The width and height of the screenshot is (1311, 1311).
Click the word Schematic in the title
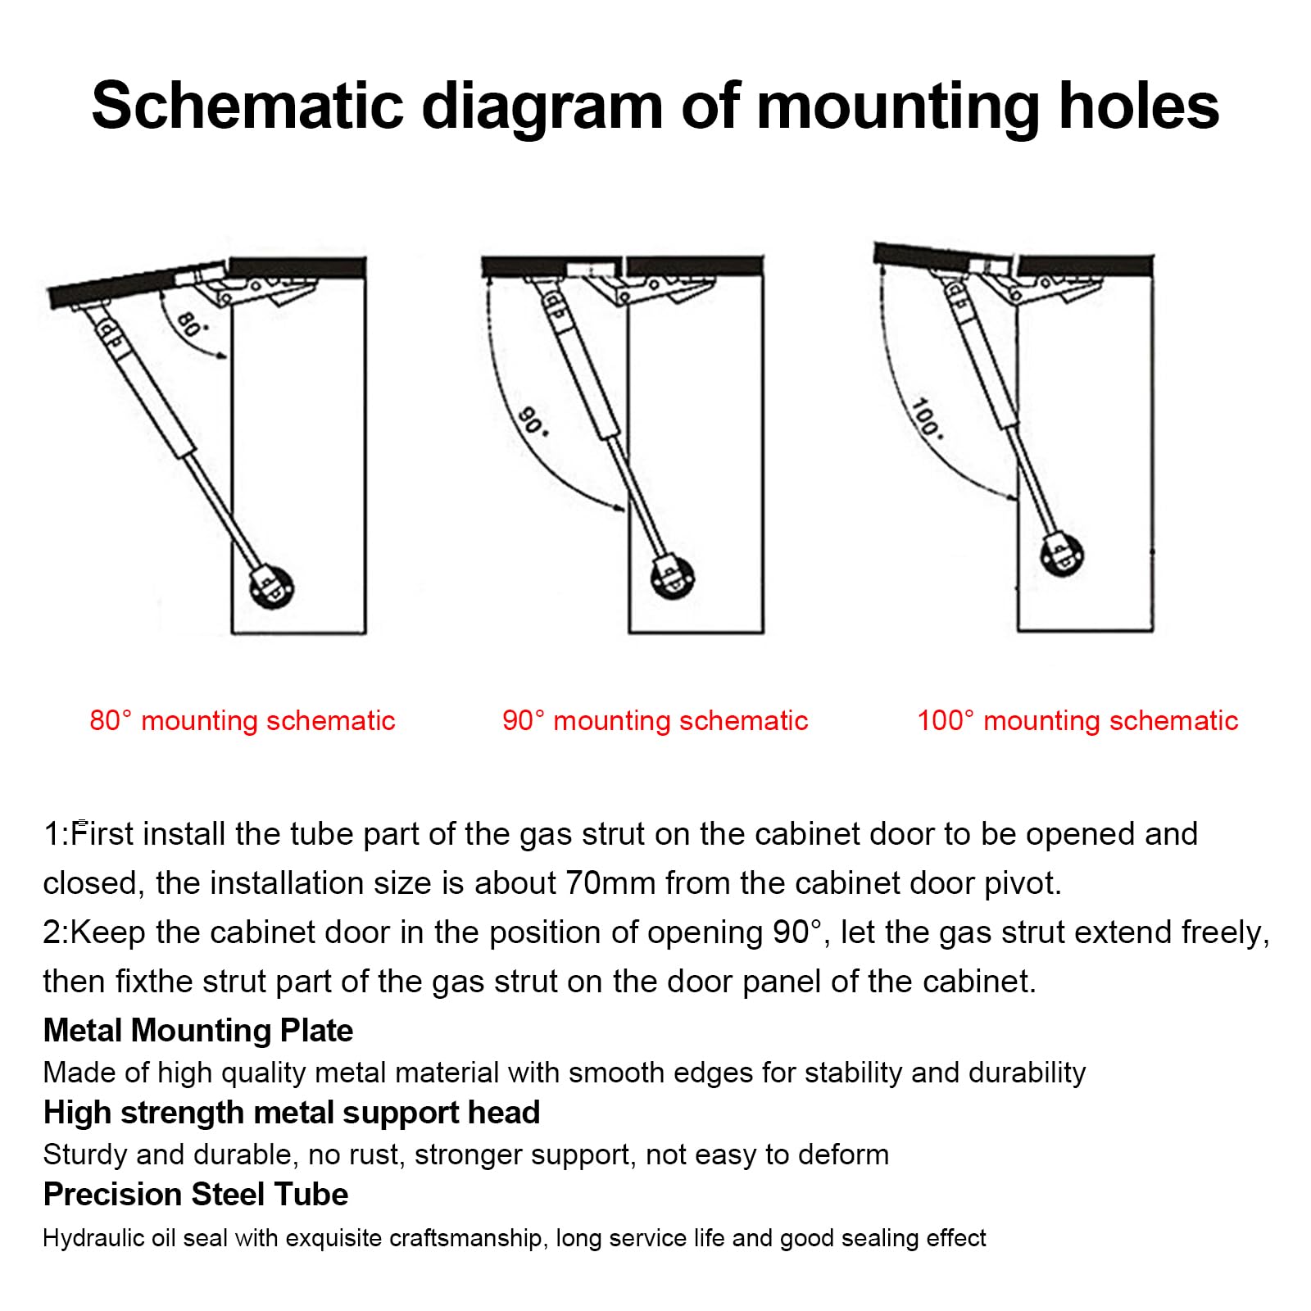point(248,106)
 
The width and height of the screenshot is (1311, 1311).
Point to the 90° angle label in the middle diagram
point(533,420)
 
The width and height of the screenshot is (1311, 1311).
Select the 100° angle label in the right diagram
point(927,418)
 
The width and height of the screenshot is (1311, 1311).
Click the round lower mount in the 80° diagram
point(272,586)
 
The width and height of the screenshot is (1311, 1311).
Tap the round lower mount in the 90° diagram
point(673,577)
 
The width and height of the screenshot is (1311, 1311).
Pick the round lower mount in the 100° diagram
point(1062,556)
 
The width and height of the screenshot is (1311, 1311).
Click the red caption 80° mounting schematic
point(243,720)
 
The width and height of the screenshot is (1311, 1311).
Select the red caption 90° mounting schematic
point(655,720)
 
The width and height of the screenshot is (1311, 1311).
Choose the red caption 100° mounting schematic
point(1077,720)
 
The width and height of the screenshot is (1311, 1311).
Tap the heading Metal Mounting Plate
point(198,1030)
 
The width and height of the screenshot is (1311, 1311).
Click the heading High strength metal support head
point(292,1112)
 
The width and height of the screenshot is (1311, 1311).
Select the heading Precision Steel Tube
point(196,1194)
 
